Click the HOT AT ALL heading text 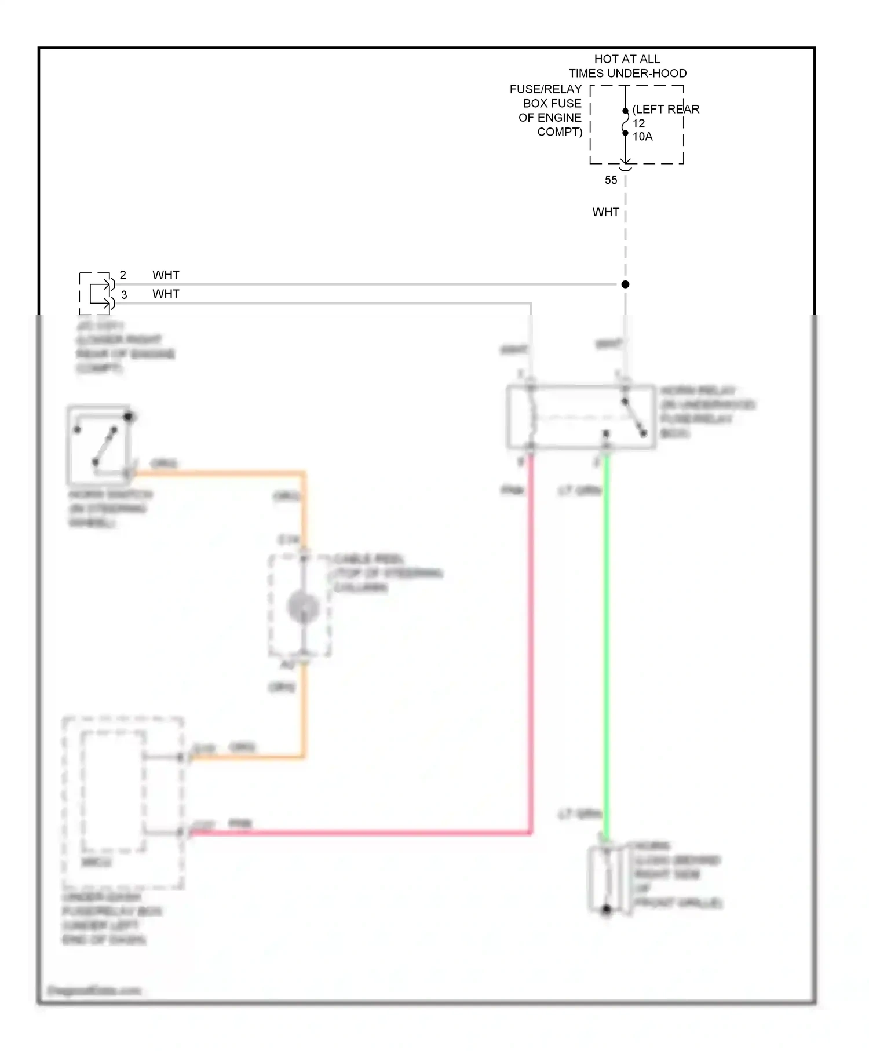(x=627, y=59)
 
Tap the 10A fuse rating (x=642, y=137)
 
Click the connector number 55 (x=611, y=180)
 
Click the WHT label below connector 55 (x=605, y=212)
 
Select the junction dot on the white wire (x=625, y=284)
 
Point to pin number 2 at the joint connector (x=123, y=275)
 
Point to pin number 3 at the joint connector (x=124, y=295)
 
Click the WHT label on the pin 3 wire (x=166, y=294)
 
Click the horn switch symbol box (x=98, y=445)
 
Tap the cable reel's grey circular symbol (x=303, y=607)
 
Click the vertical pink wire (x=530, y=637)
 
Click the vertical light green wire (x=607, y=637)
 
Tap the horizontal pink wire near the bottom (x=359, y=833)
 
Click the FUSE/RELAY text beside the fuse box (x=545, y=89)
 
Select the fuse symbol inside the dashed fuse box (x=625, y=122)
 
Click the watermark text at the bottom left (x=94, y=991)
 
